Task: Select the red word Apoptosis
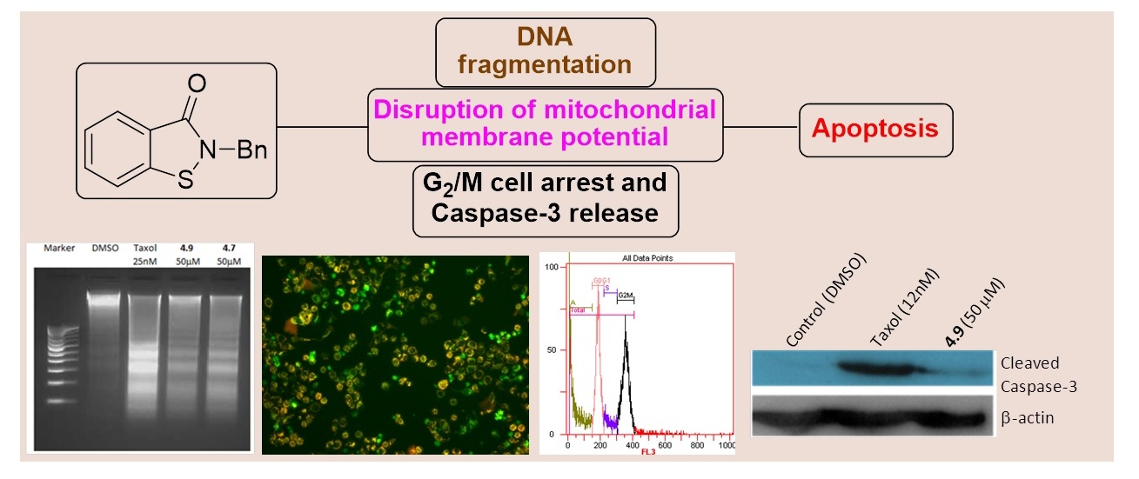coord(875,130)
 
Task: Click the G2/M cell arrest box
coord(546,199)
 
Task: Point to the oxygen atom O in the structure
coord(197,84)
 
